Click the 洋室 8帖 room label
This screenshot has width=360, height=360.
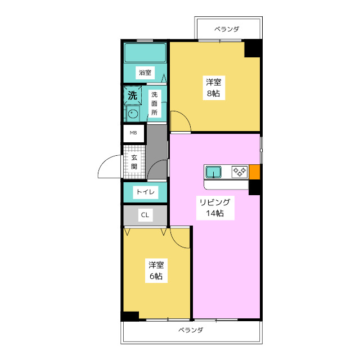[214, 88]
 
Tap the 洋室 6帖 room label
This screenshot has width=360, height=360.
[156, 271]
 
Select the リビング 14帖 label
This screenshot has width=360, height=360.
[215, 208]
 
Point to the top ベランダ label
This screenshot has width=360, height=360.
[227, 29]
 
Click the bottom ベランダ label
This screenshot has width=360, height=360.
[191, 330]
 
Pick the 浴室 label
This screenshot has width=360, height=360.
[145, 73]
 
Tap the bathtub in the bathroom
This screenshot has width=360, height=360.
[145, 53]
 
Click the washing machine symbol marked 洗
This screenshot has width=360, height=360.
[133, 95]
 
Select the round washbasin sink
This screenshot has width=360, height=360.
[133, 114]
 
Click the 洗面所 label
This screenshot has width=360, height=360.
[154, 103]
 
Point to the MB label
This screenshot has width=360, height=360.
[133, 133]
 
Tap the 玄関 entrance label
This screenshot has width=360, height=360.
[134, 162]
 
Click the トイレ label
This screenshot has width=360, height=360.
[145, 192]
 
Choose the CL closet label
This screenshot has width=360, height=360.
[145, 215]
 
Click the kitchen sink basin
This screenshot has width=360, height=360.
[214, 172]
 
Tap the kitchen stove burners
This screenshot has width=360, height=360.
[240, 172]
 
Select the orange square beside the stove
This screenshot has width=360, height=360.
[254, 172]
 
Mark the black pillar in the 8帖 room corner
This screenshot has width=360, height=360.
[253, 49]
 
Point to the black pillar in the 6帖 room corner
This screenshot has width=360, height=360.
[130, 316]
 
